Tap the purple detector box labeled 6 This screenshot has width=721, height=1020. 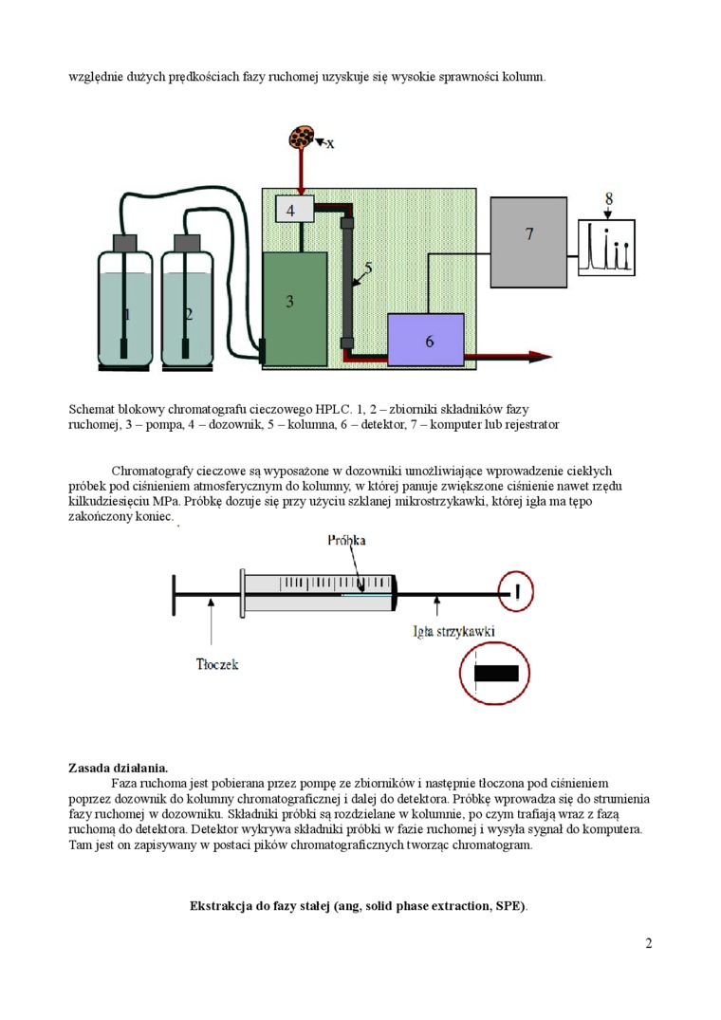pyautogui.click(x=426, y=339)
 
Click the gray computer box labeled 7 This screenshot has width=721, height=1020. pyautogui.click(x=528, y=242)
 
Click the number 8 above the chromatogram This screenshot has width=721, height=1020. pyautogui.click(x=609, y=198)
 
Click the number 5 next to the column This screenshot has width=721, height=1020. pyautogui.click(x=367, y=269)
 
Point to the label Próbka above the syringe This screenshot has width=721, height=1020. pyautogui.click(x=346, y=540)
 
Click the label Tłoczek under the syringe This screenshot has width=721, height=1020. pyautogui.click(x=217, y=664)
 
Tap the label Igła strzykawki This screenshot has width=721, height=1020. pyautogui.click(x=454, y=631)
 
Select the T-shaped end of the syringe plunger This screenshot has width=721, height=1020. pyautogui.click(x=174, y=595)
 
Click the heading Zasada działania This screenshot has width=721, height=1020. pyautogui.click(x=119, y=767)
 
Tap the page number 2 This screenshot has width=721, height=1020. pyautogui.click(x=648, y=943)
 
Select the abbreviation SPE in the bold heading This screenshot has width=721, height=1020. pyautogui.click(x=509, y=906)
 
